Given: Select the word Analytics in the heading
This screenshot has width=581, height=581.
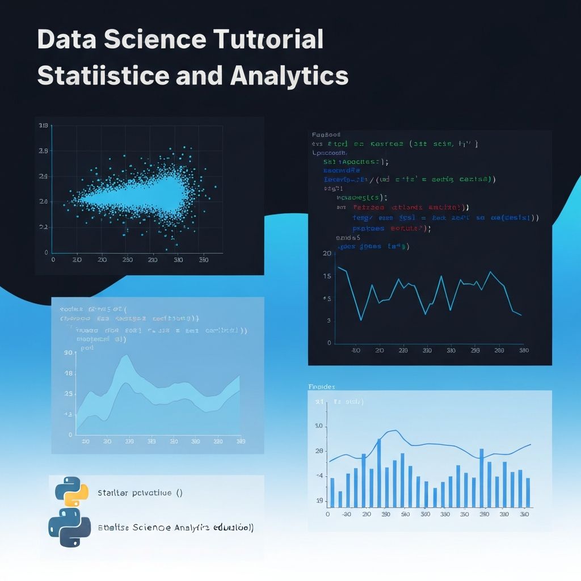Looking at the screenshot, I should click(x=289, y=76).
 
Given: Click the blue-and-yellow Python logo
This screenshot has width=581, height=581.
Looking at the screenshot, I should click(x=71, y=491).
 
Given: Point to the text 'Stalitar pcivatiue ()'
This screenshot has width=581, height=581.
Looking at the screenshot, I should click(x=140, y=492).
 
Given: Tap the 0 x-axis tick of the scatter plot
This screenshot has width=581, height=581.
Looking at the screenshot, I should click(x=53, y=259).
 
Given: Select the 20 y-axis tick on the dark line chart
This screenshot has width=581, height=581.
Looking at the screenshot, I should click(x=326, y=253).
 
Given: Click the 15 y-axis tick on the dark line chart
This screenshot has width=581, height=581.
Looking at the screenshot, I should click(x=326, y=276).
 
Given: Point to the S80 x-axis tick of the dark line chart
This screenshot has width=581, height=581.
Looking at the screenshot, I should click(x=524, y=351).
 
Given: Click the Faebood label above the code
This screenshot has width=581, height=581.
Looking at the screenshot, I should click(x=326, y=135).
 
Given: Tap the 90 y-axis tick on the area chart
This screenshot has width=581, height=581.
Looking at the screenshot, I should click(x=69, y=353).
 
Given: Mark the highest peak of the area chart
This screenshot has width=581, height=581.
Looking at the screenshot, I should click(x=125, y=356).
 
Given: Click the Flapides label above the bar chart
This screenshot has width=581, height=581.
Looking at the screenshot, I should click(x=321, y=386).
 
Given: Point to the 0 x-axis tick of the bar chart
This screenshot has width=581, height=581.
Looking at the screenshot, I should click(x=327, y=514).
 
